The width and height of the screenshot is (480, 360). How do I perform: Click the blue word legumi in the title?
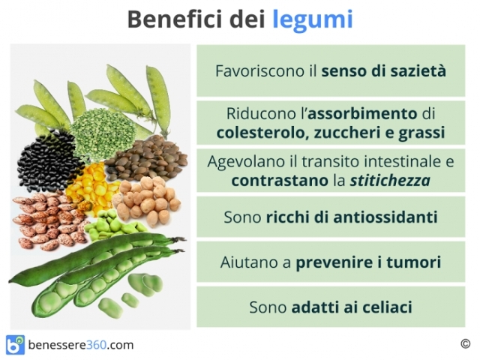(313, 20)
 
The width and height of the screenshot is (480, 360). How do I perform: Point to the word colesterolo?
(260, 133)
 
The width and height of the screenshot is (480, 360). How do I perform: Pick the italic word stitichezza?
(390, 180)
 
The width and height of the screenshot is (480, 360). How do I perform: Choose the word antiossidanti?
(385, 217)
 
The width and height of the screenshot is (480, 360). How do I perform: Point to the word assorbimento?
(362, 114)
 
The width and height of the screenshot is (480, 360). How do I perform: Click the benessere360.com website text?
(81, 345)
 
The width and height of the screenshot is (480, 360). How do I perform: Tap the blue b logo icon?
(15, 345)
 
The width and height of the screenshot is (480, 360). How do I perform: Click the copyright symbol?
(465, 343)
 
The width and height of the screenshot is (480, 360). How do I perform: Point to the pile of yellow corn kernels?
(88, 187)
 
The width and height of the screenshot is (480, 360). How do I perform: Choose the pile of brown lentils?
(147, 157)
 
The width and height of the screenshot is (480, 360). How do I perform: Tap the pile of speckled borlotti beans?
(49, 220)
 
